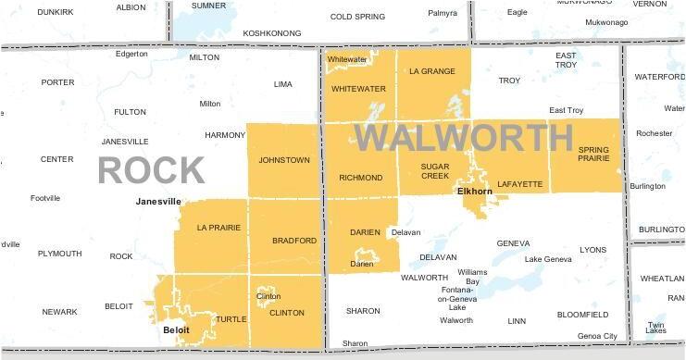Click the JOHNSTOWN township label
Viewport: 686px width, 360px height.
[x=284, y=160]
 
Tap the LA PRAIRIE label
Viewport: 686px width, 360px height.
[x=218, y=228]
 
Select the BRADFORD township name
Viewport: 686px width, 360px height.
[x=294, y=241]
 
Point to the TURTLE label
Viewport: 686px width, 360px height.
[x=231, y=319]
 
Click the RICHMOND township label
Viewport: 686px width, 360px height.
[x=360, y=178]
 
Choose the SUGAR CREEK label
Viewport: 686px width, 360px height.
[x=435, y=172]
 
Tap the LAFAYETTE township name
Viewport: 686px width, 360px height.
[x=519, y=184]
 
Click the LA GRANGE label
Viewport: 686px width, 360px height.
[x=432, y=70]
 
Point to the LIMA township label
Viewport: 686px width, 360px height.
[x=282, y=84]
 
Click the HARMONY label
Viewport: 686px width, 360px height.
[x=225, y=135]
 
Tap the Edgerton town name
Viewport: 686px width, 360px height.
[x=131, y=54]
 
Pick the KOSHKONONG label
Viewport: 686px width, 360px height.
[x=271, y=32]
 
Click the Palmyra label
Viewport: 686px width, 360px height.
[x=443, y=13]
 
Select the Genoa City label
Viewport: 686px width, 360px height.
[x=596, y=335]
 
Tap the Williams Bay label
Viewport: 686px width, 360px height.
[x=472, y=276]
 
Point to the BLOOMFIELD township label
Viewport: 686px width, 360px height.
[x=582, y=315]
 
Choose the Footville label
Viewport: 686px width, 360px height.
[x=45, y=198]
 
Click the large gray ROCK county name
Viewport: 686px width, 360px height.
[x=151, y=170]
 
